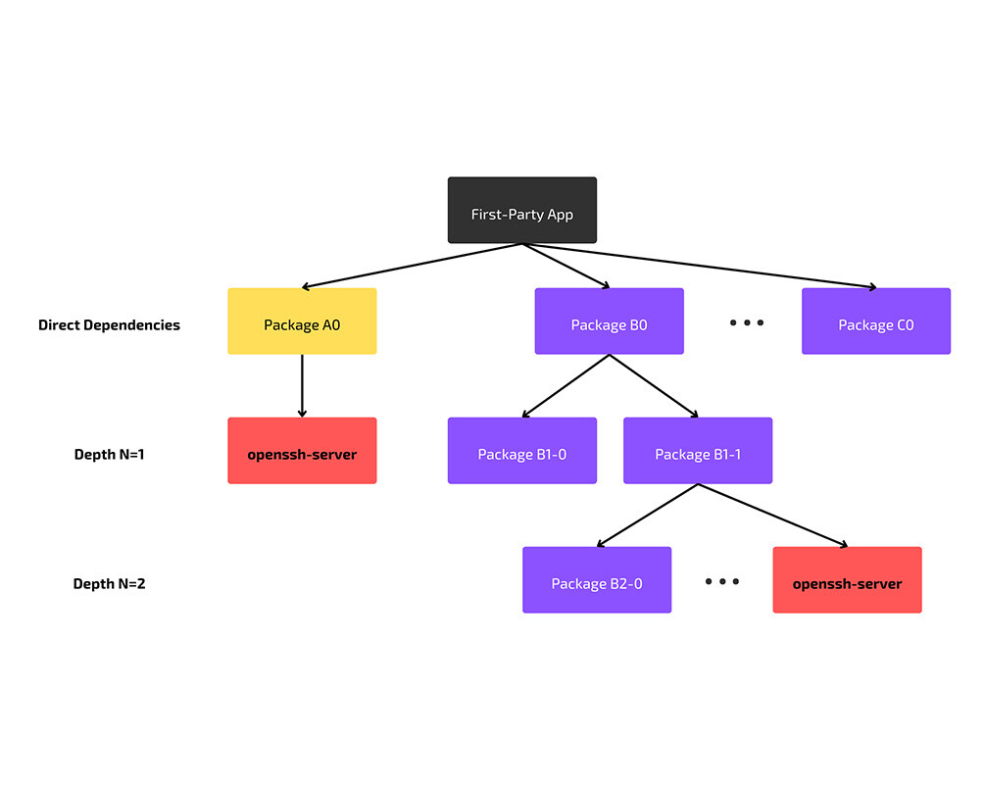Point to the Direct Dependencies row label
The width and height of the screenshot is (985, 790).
pos(109,325)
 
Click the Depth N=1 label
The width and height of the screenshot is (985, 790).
pos(109,455)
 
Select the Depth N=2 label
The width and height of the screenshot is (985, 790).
pos(109,584)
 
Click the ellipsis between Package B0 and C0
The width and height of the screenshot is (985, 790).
pos(746,322)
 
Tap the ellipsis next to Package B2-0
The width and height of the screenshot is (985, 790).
pos(721,581)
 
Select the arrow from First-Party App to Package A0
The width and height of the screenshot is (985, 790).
pos(412,266)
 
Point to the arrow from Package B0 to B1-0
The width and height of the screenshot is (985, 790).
pos(566,385)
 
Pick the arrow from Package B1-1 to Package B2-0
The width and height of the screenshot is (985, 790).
pos(647,515)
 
